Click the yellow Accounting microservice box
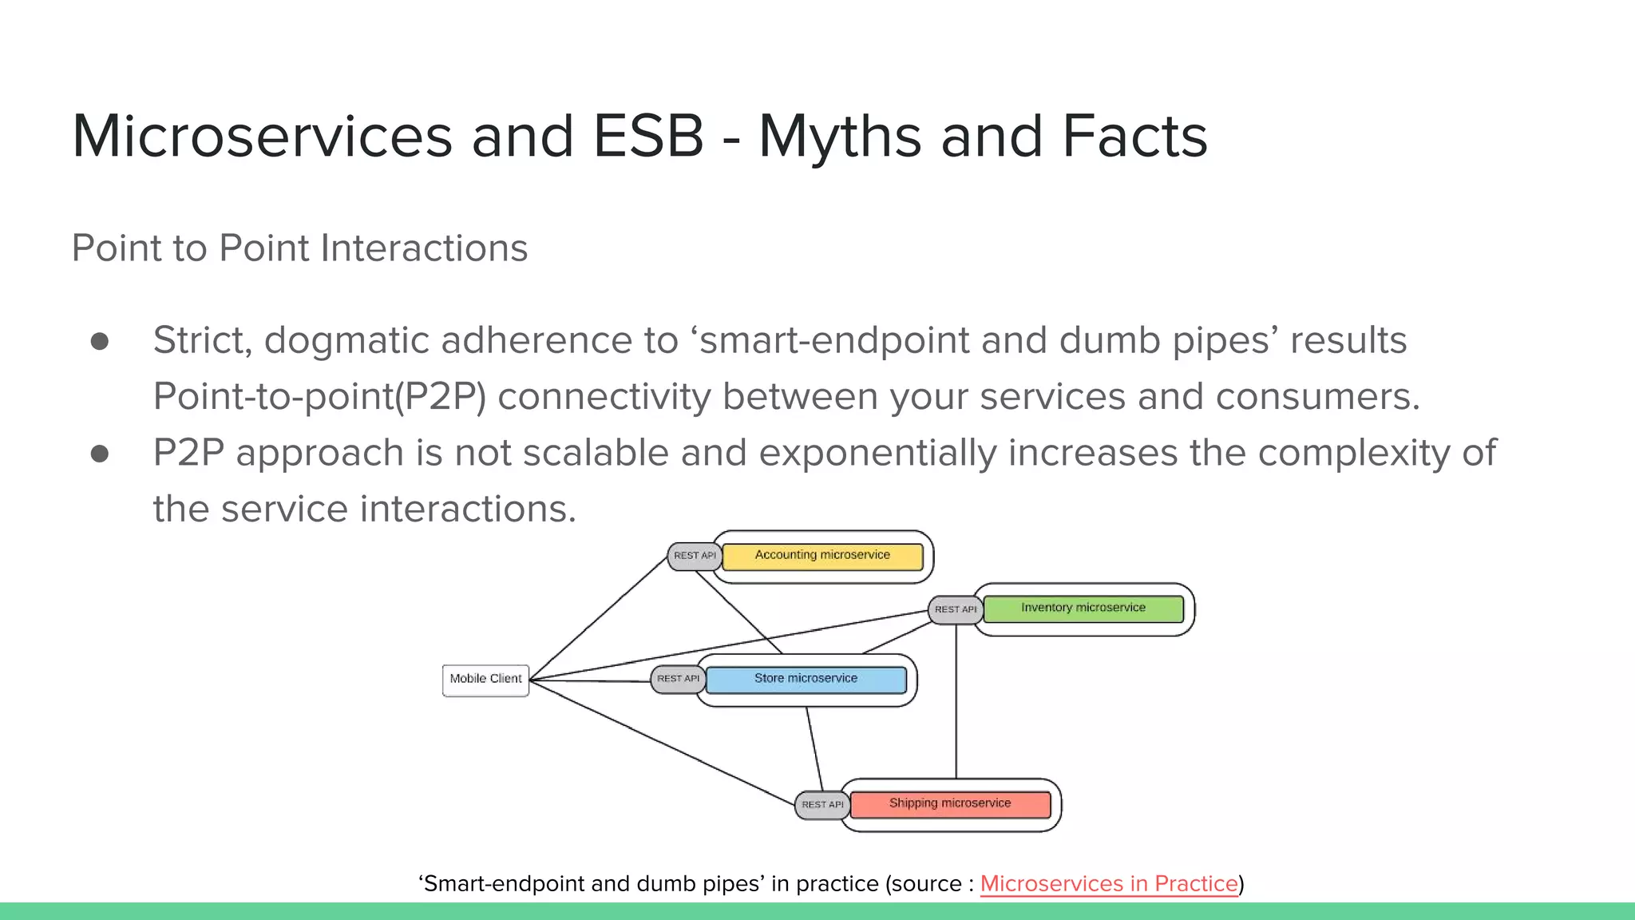pos(822,556)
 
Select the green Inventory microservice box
pos(1083,609)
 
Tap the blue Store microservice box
pos(806,679)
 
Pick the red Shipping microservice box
pos(950,804)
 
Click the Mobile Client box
pos(485,680)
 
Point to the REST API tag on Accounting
pos(695,556)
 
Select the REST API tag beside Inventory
pos(955,609)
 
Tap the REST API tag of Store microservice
pos(678,679)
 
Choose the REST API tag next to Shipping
pos(821,805)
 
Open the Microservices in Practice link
pos(1108,884)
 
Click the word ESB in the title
pos(647,136)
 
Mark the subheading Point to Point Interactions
pos(299,248)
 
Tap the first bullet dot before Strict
pos(100,342)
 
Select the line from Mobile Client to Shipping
pos(663,744)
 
